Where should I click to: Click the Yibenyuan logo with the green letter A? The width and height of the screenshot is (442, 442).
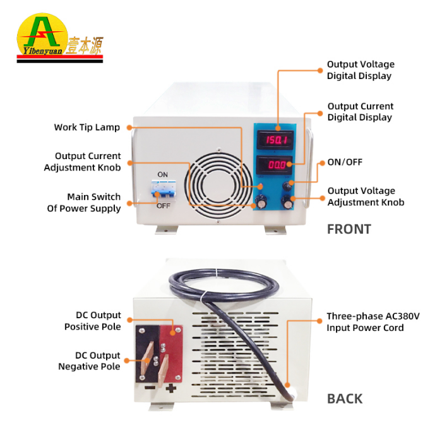coord(60,37)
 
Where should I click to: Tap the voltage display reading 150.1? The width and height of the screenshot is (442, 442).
coord(275,140)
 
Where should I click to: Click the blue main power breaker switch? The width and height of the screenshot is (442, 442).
coord(164,189)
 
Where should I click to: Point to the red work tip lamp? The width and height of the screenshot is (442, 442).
coord(261,186)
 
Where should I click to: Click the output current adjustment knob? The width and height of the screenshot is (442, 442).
coord(261,201)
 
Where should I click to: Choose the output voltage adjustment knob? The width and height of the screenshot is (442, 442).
coord(287,202)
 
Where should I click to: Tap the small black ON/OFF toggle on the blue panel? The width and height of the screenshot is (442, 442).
coord(287,186)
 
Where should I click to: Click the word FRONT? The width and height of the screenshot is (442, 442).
coord(349,229)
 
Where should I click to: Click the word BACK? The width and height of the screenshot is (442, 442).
coord(345,399)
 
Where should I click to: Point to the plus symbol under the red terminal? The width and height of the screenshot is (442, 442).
coord(171,388)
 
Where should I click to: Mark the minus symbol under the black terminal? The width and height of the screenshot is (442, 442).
coord(150,388)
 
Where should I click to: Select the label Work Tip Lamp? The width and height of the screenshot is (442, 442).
coord(87,128)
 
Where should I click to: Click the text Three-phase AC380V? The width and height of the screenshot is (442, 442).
coord(373,316)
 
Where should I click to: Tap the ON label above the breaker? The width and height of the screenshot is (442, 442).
coord(163,175)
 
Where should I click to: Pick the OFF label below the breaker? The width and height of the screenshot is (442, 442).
coord(163,206)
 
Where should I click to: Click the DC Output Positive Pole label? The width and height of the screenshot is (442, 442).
coord(93,321)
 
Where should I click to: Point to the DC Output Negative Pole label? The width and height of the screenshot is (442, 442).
coord(90,361)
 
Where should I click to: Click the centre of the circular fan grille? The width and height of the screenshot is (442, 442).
coord(218,185)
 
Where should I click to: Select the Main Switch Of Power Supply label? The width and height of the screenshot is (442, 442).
coord(84,203)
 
